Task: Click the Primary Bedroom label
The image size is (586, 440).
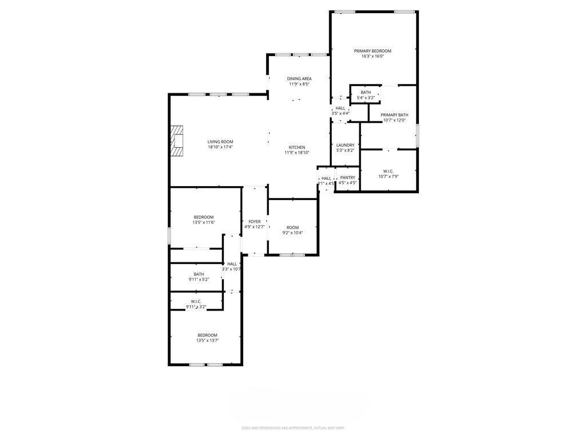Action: point(373,51)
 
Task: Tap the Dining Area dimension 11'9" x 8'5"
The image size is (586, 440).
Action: point(299,84)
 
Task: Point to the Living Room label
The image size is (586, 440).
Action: point(220,142)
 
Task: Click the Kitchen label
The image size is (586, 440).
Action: point(296,147)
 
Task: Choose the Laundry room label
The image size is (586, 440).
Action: point(345,145)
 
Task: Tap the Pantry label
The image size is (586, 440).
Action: point(347,178)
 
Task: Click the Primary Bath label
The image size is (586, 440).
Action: point(394,115)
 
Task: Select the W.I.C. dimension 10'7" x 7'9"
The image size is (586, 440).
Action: point(388,176)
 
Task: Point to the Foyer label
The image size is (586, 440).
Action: point(255,222)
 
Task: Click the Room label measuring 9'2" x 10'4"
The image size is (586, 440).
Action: point(292,227)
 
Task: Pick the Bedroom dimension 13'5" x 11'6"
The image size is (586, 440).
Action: point(204,222)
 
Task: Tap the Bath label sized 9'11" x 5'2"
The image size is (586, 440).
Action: point(199,274)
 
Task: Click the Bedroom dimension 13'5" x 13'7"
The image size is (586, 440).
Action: point(207,340)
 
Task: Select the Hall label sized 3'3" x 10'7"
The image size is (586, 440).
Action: point(232,264)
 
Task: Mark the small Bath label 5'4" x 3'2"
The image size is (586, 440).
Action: point(366,92)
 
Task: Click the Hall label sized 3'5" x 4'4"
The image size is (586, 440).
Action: point(340,108)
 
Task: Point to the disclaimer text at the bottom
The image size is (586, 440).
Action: point(293,428)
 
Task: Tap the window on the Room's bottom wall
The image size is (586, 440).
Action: point(292,254)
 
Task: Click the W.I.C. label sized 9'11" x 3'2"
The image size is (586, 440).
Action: point(196,301)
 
